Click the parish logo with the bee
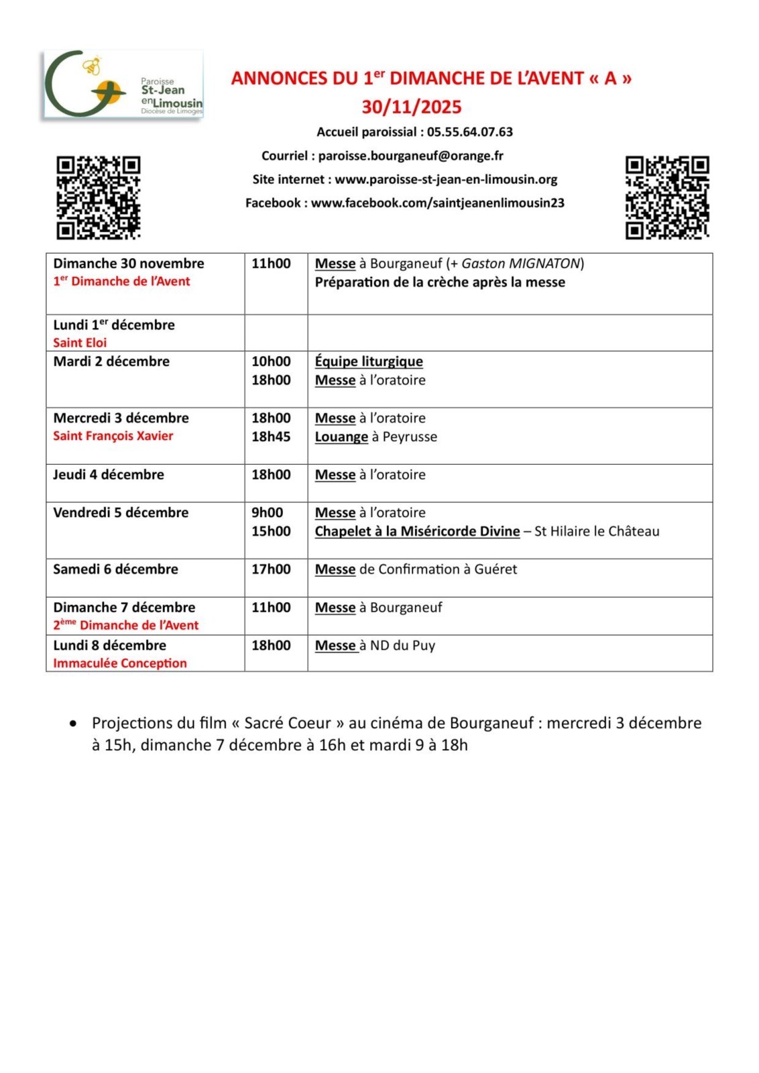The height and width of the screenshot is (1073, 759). point(123,85)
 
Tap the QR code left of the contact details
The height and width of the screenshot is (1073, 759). point(98,197)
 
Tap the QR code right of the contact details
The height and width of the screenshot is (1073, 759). point(666,197)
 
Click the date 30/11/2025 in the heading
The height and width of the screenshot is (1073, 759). point(412,107)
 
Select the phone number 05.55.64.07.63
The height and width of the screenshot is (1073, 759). point(469,132)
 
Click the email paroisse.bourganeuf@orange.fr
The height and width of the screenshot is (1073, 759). point(410,156)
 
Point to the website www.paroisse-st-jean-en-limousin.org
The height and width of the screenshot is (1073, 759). point(446,180)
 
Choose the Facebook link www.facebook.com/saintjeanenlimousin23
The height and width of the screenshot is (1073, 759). point(437,203)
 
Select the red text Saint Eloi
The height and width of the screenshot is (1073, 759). point(80,343)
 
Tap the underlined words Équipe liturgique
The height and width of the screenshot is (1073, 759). point(369,361)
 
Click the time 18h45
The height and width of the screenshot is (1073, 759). point(271,437)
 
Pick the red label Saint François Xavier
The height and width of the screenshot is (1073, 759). point(113,436)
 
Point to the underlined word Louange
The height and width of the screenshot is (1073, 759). point(341,437)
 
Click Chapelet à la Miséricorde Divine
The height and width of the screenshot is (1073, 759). point(417,531)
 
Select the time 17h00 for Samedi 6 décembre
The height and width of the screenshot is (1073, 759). point(271,569)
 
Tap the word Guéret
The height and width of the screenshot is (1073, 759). point(495,569)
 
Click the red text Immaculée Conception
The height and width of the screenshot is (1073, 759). point(120,663)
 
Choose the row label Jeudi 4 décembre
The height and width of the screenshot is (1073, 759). point(109,475)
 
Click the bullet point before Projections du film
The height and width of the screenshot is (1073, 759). point(73,724)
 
